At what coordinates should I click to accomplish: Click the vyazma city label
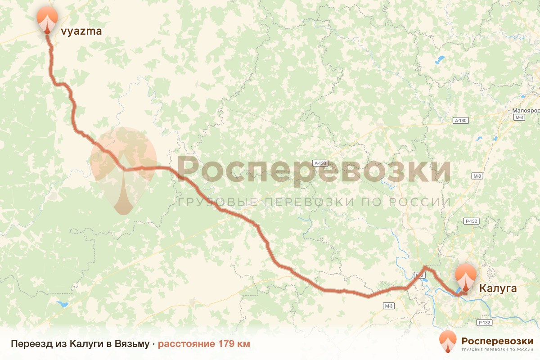[81, 31]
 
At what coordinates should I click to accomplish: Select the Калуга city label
[497, 288]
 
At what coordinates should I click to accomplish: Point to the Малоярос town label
[526, 110]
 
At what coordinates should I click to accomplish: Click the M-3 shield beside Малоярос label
[519, 117]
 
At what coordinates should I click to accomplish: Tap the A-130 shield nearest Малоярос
[461, 121]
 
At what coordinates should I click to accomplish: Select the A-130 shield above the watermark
[320, 163]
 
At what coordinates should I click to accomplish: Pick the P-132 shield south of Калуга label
[484, 323]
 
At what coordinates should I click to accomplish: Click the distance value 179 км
[234, 344]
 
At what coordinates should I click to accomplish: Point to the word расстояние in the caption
[186, 344]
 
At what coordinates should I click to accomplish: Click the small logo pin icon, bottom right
[448, 341]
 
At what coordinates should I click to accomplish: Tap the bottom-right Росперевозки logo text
[497, 340]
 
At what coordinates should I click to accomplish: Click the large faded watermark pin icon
[123, 169]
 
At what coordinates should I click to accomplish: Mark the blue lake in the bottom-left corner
[62, 304]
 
